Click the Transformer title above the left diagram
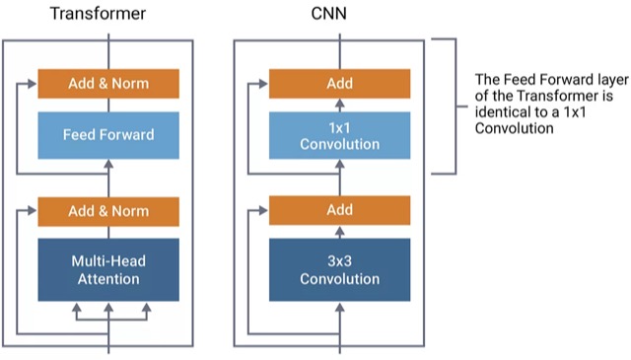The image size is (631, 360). (x=107, y=14)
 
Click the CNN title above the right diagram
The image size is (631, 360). (x=339, y=14)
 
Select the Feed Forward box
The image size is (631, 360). (x=107, y=134)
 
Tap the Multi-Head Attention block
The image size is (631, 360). (x=107, y=269)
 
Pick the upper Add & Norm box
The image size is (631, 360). (x=107, y=84)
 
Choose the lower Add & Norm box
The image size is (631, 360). (x=107, y=211)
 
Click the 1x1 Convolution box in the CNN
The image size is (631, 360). (x=339, y=134)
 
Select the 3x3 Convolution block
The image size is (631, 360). (x=339, y=269)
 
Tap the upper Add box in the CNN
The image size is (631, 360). (x=339, y=84)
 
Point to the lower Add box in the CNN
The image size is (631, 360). (x=339, y=211)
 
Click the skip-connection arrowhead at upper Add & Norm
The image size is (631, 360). (x=33, y=85)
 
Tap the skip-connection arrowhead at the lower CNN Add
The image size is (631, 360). (x=264, y=211)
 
